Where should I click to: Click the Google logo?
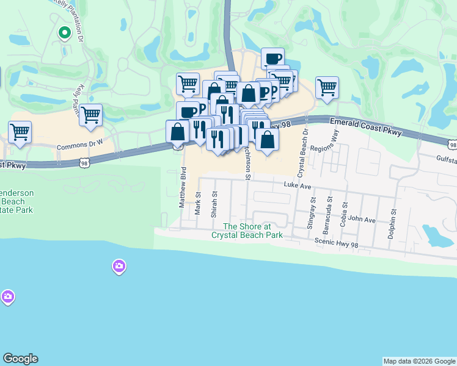[x=20, y=359]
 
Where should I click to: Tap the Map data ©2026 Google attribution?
[x=419, y=361]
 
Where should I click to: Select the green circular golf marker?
[x=64, y=33]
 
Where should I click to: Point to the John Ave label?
[x=362, y=219]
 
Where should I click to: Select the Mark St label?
[x=198, y=204]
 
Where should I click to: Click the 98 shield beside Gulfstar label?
[x=452, y=145]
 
